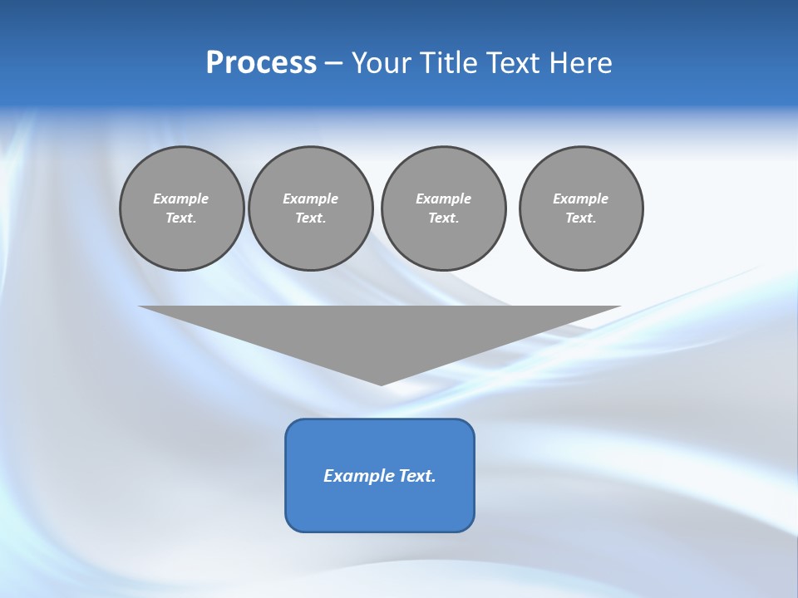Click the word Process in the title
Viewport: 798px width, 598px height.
coord(261,63)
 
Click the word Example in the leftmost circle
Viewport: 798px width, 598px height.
coord(181,199)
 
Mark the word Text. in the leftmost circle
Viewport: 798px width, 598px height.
coord(181,218)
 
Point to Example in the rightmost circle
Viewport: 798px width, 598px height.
coord(580,199)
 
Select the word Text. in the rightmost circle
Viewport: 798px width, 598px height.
coord(580,218)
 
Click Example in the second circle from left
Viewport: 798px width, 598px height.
coord(310,199)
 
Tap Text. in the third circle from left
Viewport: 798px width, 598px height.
coord(443,218)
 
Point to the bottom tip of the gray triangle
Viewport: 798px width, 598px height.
coord(381,384)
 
